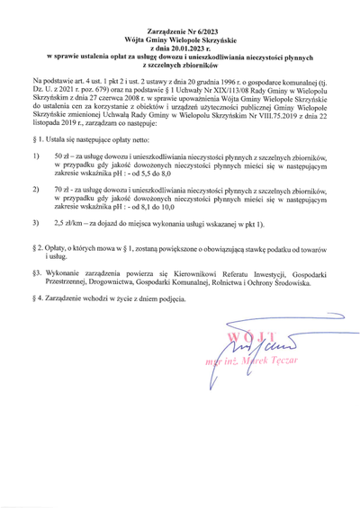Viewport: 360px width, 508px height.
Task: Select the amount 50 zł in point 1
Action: (x=62, y=156)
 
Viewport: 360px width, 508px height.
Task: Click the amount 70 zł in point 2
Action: (x=62, y=191)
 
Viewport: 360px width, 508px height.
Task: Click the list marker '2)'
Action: (x=35, y=191)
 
